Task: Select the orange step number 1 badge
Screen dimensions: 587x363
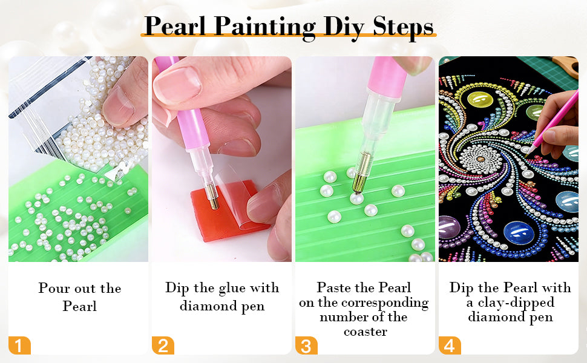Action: [19, 345]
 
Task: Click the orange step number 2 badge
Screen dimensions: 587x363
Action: [163, 345]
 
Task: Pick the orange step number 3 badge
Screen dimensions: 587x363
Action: [306, 345]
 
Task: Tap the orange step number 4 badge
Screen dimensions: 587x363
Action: [450, 345]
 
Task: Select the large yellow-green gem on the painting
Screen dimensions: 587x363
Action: [480, 99]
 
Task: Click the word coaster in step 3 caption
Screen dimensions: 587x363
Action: [366, 332]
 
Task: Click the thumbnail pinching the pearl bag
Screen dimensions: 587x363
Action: [118, 106]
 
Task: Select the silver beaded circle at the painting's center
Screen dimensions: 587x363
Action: [480, 159]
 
